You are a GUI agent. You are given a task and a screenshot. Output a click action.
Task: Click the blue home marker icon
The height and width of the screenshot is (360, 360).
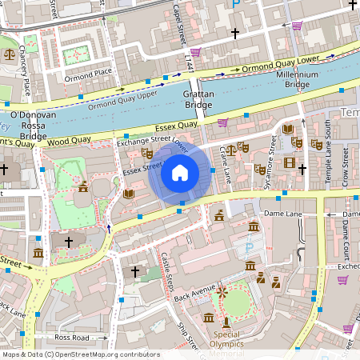tap(180, 172)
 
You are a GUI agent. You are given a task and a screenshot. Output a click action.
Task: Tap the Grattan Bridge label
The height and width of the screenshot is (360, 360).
tap(198, 99)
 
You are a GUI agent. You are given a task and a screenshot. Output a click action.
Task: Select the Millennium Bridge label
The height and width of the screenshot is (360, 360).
tap(297, 80)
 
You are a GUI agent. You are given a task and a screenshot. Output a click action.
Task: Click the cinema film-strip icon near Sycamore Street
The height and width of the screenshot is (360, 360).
tap(301, 162)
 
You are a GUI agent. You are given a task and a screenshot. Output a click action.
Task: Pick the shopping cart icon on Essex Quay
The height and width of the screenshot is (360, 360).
tap(222, 122)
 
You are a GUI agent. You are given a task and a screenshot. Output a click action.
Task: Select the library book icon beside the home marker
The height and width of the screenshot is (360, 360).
tap(129, 194)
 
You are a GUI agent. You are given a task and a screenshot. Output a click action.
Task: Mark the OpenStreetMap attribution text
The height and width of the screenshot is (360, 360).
tap(80, 354)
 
